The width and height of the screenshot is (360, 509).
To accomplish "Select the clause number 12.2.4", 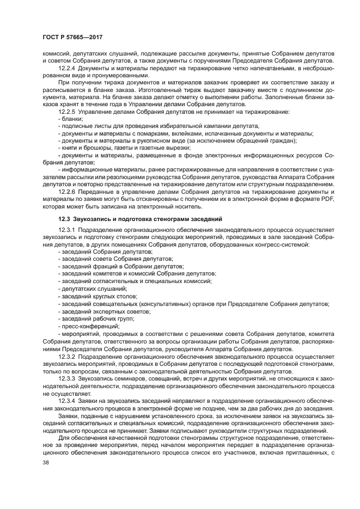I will coord(67,68).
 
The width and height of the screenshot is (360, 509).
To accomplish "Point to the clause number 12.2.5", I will coord(67,111).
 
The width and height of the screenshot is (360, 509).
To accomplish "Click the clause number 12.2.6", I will coord(67,192).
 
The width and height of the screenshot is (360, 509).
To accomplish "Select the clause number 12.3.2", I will coord(67,355).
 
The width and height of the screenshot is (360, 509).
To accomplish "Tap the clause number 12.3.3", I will coord(67,377).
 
